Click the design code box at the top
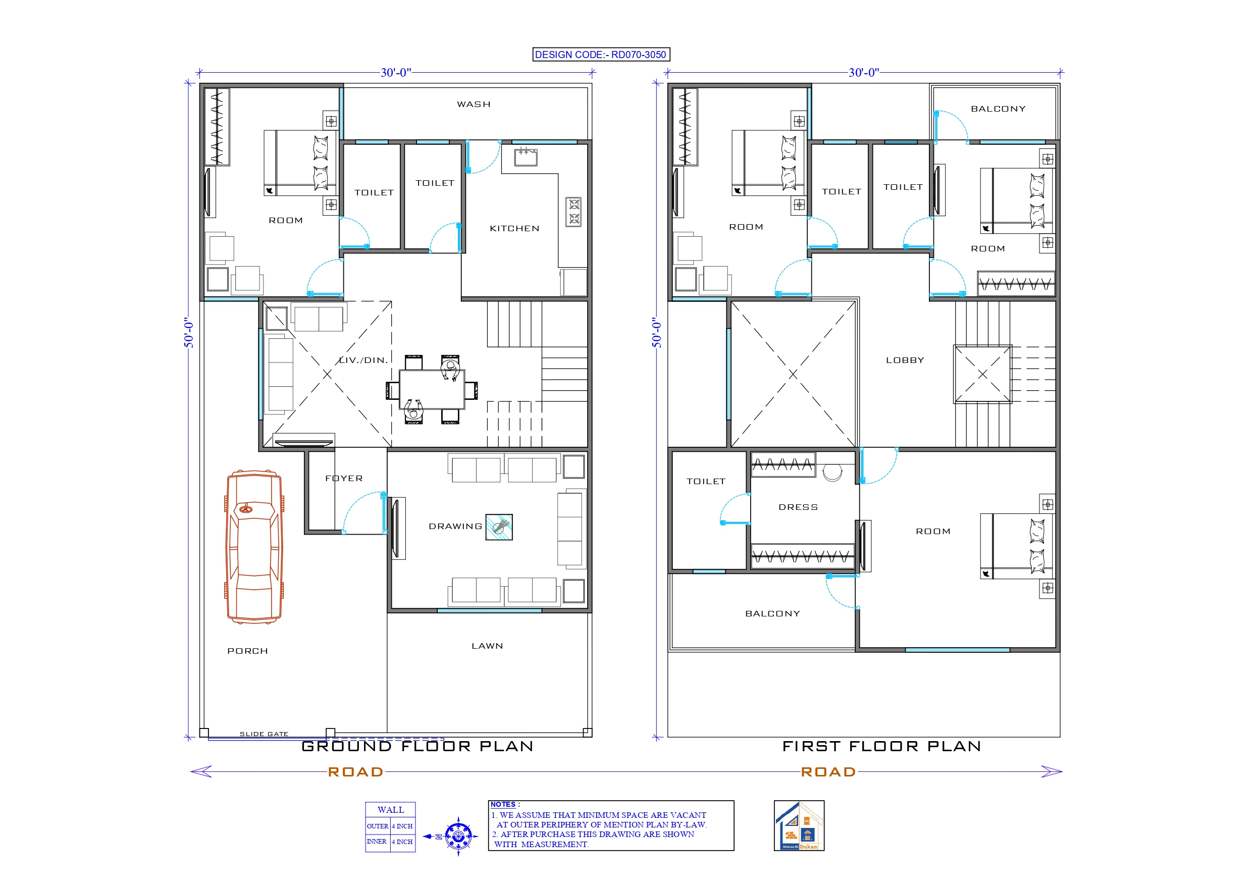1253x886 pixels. (601, 55)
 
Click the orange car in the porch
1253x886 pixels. (254, 547)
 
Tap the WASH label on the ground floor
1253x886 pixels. (473, 105)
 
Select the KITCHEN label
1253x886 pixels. (514, 228)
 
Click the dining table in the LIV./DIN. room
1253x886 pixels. (431, 389)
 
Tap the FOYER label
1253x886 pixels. (344, 478)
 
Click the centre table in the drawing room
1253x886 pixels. (499, 527)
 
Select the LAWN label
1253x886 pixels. (487, 646)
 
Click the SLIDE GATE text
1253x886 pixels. (264, 734)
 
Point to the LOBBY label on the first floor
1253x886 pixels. (905, 360)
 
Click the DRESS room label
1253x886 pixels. (798, 507)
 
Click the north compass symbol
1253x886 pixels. (458, 836)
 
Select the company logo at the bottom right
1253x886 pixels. (799, 825)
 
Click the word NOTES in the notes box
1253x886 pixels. (503, 804)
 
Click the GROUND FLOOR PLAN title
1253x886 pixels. (417, 746)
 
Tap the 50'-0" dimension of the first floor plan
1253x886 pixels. (656, 333)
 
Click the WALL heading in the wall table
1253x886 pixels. (390, 810)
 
